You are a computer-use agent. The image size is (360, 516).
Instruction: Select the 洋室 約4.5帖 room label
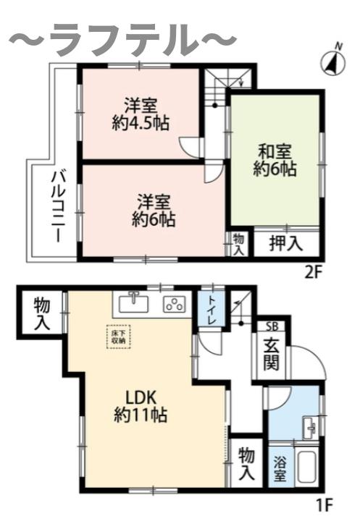coord(141,113)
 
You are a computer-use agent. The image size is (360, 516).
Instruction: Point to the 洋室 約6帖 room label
coord(154,208)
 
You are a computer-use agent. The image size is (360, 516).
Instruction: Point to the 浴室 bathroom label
coord(279,470)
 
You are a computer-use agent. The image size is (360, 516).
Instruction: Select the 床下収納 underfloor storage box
coord(118,336)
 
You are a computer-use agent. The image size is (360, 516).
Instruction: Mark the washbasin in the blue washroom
coord(309,427)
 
